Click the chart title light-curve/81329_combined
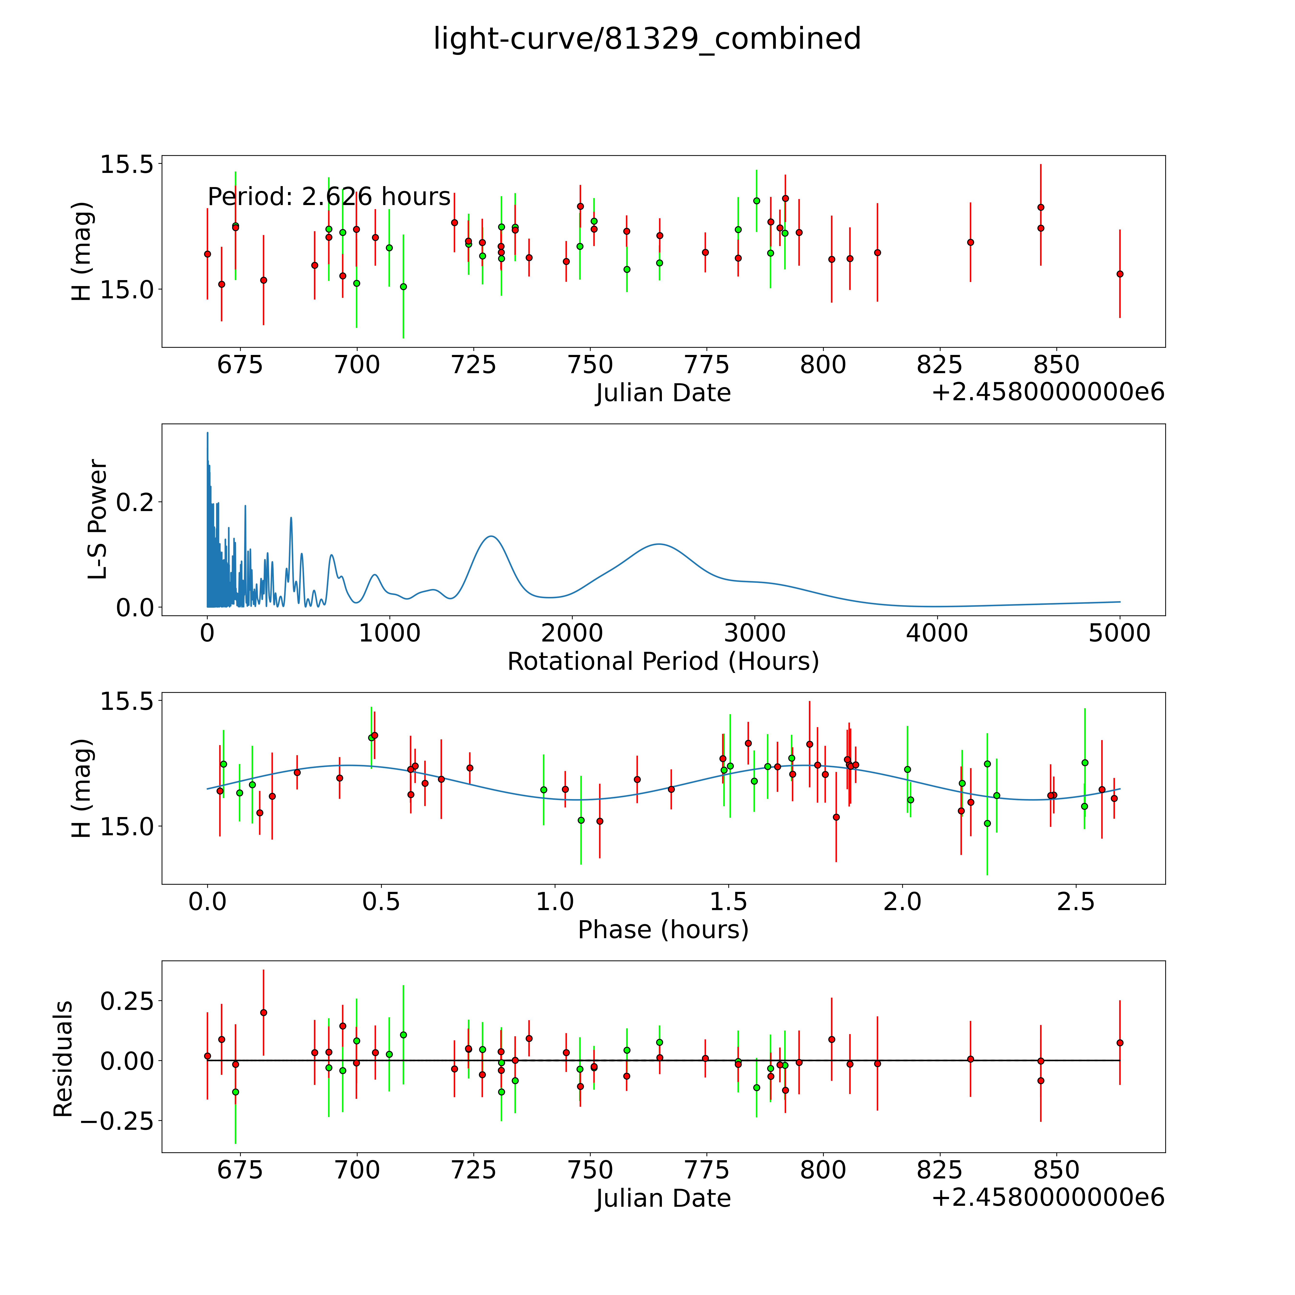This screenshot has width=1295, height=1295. [647, 39]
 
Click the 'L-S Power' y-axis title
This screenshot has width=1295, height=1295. [98, 519]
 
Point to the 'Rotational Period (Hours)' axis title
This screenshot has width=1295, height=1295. [663, 662]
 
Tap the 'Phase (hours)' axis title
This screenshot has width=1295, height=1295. [663, 930]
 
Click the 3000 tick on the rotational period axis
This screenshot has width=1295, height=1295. [755, 633]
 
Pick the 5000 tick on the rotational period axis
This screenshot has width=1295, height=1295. [1119, 633]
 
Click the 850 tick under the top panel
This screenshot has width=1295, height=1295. [1056, 365]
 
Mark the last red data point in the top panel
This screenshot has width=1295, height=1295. [1119, 273]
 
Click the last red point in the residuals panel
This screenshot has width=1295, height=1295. [1119, 1043]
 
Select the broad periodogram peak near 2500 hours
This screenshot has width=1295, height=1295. [659, 544]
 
